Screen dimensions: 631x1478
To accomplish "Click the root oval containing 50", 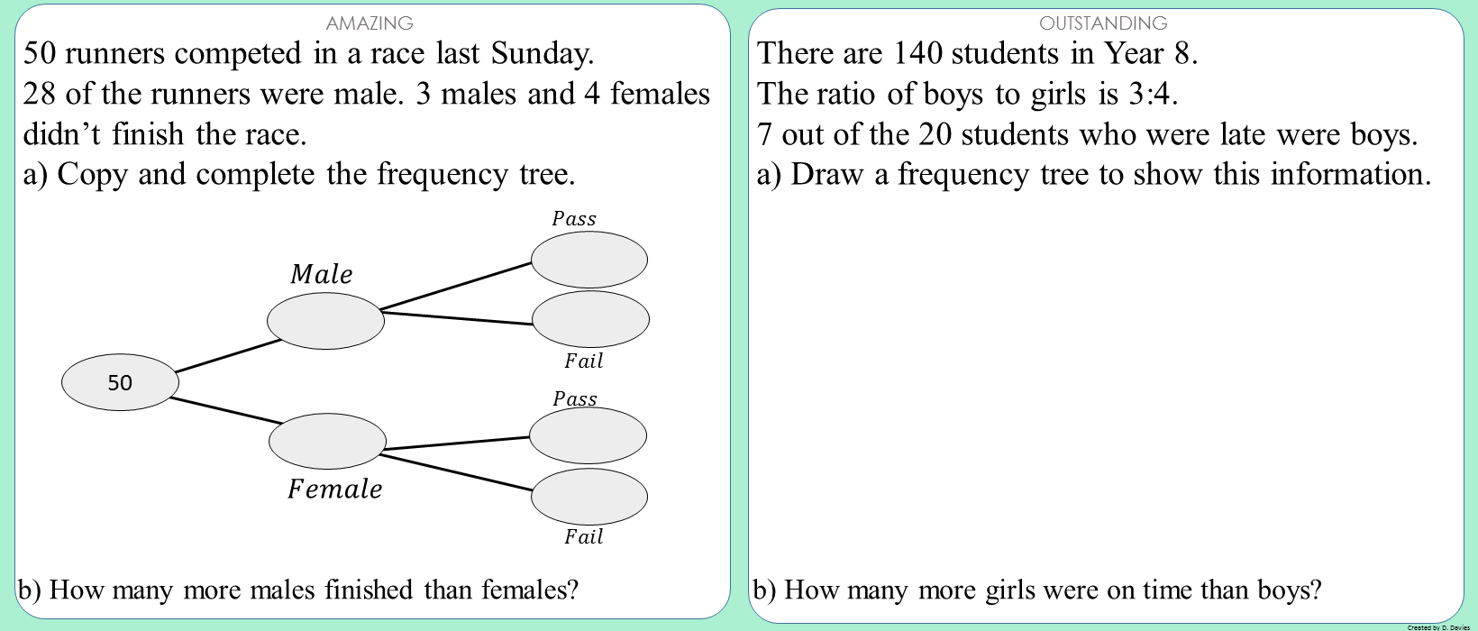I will (x=120, y=382).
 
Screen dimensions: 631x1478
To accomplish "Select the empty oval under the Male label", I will (x=325, y=320).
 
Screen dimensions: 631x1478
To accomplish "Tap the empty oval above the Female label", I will (x=327, y=441).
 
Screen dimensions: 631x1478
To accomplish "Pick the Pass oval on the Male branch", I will (x=589, y=260).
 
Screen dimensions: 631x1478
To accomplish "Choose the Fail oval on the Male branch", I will (x=590, y=319).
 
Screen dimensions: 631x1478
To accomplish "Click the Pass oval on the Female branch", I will (x=588, y=435).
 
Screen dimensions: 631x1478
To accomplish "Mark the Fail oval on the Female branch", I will (x=589, y=496).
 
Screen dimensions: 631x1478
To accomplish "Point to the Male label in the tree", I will (x=322, y=274).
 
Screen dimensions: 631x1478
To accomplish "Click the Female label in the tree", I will (x=335, y=489).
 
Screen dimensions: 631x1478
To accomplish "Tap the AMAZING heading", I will (x=369, y=23).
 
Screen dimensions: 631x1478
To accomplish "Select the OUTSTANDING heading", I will (x=1103, y=23).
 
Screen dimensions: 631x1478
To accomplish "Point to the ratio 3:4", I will (x=1153, y=94).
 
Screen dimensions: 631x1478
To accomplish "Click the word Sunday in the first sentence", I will (x=542, y=53).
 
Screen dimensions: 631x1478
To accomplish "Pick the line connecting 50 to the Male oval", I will (x=228, y=355).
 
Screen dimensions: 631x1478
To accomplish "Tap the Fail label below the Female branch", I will (x=583, y=536).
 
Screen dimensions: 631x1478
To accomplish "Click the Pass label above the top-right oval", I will (x=574, y=218).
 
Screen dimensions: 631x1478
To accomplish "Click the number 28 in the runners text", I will (x=40, y=94).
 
